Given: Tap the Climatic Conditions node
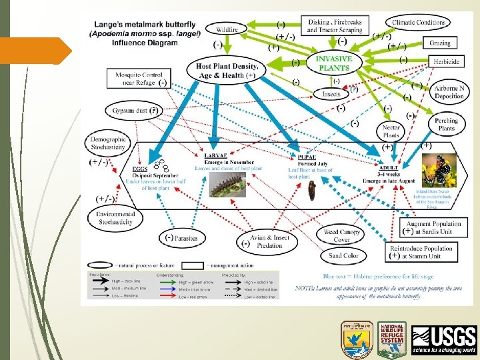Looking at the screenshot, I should [419, 23].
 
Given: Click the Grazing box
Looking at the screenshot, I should [440, 43].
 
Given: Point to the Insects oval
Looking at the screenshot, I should [331, 95].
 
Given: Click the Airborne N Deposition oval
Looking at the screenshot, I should [449, 93].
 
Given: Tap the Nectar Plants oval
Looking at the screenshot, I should [391, 131].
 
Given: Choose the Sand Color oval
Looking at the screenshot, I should [344, 255].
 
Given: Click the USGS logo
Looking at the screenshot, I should [444, 340].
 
